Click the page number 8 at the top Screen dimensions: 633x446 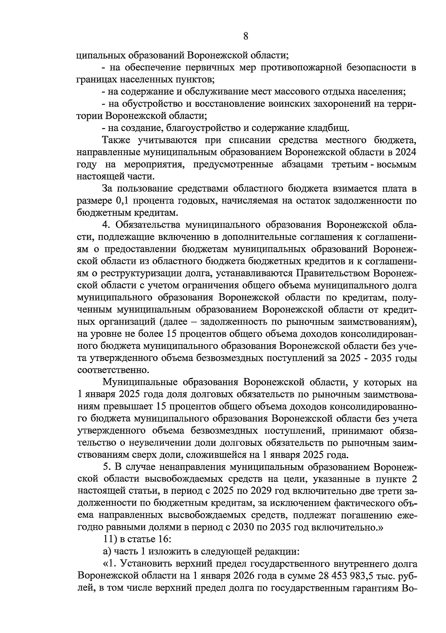point(245,36)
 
